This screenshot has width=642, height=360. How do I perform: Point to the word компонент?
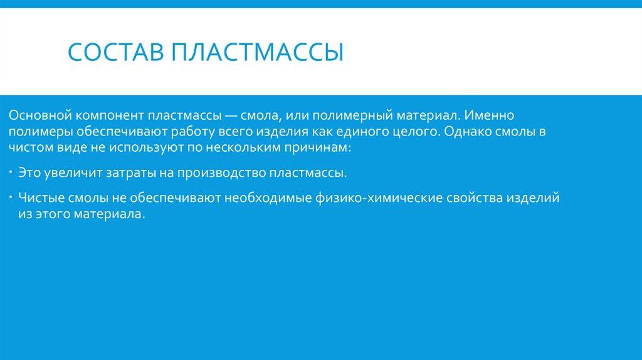pyautogui.click(x=110, y=116)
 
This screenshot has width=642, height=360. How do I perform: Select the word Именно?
pyautogui.click(x=490, y=116)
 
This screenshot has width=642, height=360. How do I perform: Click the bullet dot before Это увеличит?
pyautogui.click(x=13, y=170)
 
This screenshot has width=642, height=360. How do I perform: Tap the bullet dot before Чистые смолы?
pyautogui.click(x=13, y=196)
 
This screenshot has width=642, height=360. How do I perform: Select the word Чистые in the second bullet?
pyautogui.click(x=39, y=198)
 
